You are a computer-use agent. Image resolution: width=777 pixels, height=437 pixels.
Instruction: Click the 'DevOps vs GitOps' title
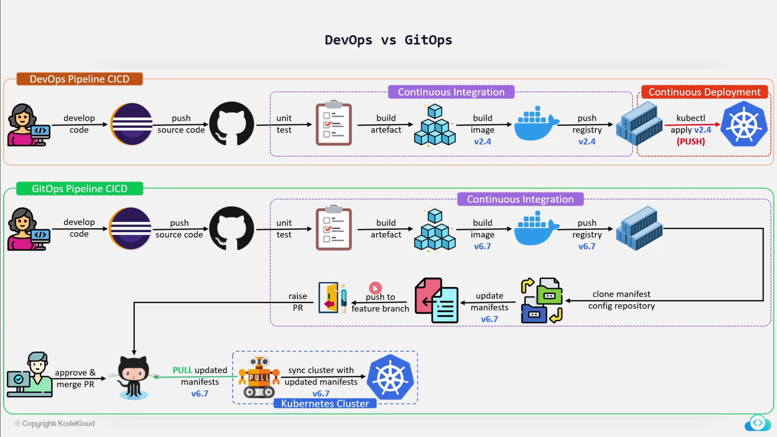[x=388, y=40]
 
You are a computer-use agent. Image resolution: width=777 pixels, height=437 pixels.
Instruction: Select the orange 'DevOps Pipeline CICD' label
[x=79, y=79]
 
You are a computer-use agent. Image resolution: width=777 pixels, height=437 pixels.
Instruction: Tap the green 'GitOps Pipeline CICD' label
[x=79, y=189]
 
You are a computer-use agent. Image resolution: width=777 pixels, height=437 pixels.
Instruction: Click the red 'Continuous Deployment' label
[x=704, y=92]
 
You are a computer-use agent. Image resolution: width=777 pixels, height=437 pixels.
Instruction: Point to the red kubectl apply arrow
[x=691, y=124]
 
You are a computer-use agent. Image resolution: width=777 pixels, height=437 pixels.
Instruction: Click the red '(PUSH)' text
[x=690, y=142]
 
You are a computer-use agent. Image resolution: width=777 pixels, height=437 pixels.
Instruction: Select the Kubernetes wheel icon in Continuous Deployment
[x=744, y=124]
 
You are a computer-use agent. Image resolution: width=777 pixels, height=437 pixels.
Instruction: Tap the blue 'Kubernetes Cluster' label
[x=325, y=404]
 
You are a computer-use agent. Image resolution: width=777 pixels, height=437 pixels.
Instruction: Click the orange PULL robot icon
[x=259, y=378]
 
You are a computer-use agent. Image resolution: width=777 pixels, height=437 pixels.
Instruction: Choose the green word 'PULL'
[x=182, y=370]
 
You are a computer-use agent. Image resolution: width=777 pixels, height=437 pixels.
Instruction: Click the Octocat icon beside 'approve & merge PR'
[x=133, y=378]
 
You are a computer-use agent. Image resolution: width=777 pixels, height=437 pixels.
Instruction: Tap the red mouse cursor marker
[x=375, y=288]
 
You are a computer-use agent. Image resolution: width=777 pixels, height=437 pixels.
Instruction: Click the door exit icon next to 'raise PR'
[x=333, y=297]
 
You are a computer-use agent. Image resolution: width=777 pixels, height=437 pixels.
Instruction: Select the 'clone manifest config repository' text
[x=621, y=300]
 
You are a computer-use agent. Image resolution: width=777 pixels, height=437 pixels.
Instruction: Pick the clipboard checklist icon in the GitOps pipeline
[x=333, y=228]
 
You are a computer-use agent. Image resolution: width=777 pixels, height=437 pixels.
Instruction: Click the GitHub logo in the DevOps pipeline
[x=231, y=124]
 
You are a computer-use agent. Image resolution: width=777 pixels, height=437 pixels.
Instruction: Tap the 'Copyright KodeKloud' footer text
[x=55, y=424]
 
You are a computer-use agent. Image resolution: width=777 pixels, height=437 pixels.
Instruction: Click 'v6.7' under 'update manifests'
[x=489, y=319]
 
